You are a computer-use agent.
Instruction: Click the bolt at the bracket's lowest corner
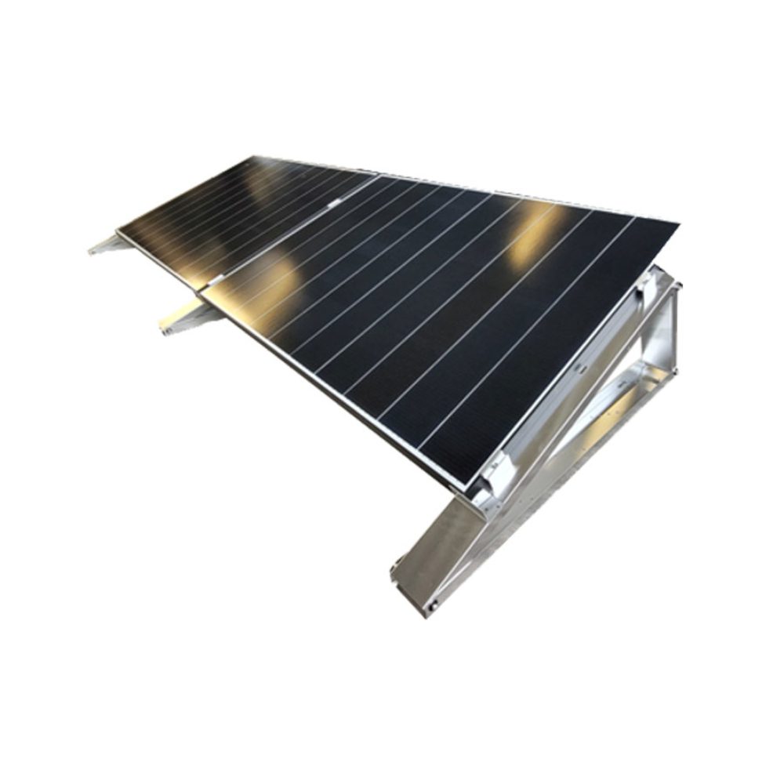click(x=430, y=605)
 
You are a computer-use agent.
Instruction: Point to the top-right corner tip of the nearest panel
click(x=676, y=224)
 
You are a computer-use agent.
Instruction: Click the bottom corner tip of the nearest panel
click(x=469, y=488)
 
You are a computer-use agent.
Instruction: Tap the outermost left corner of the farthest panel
click(x=118, y=230)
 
